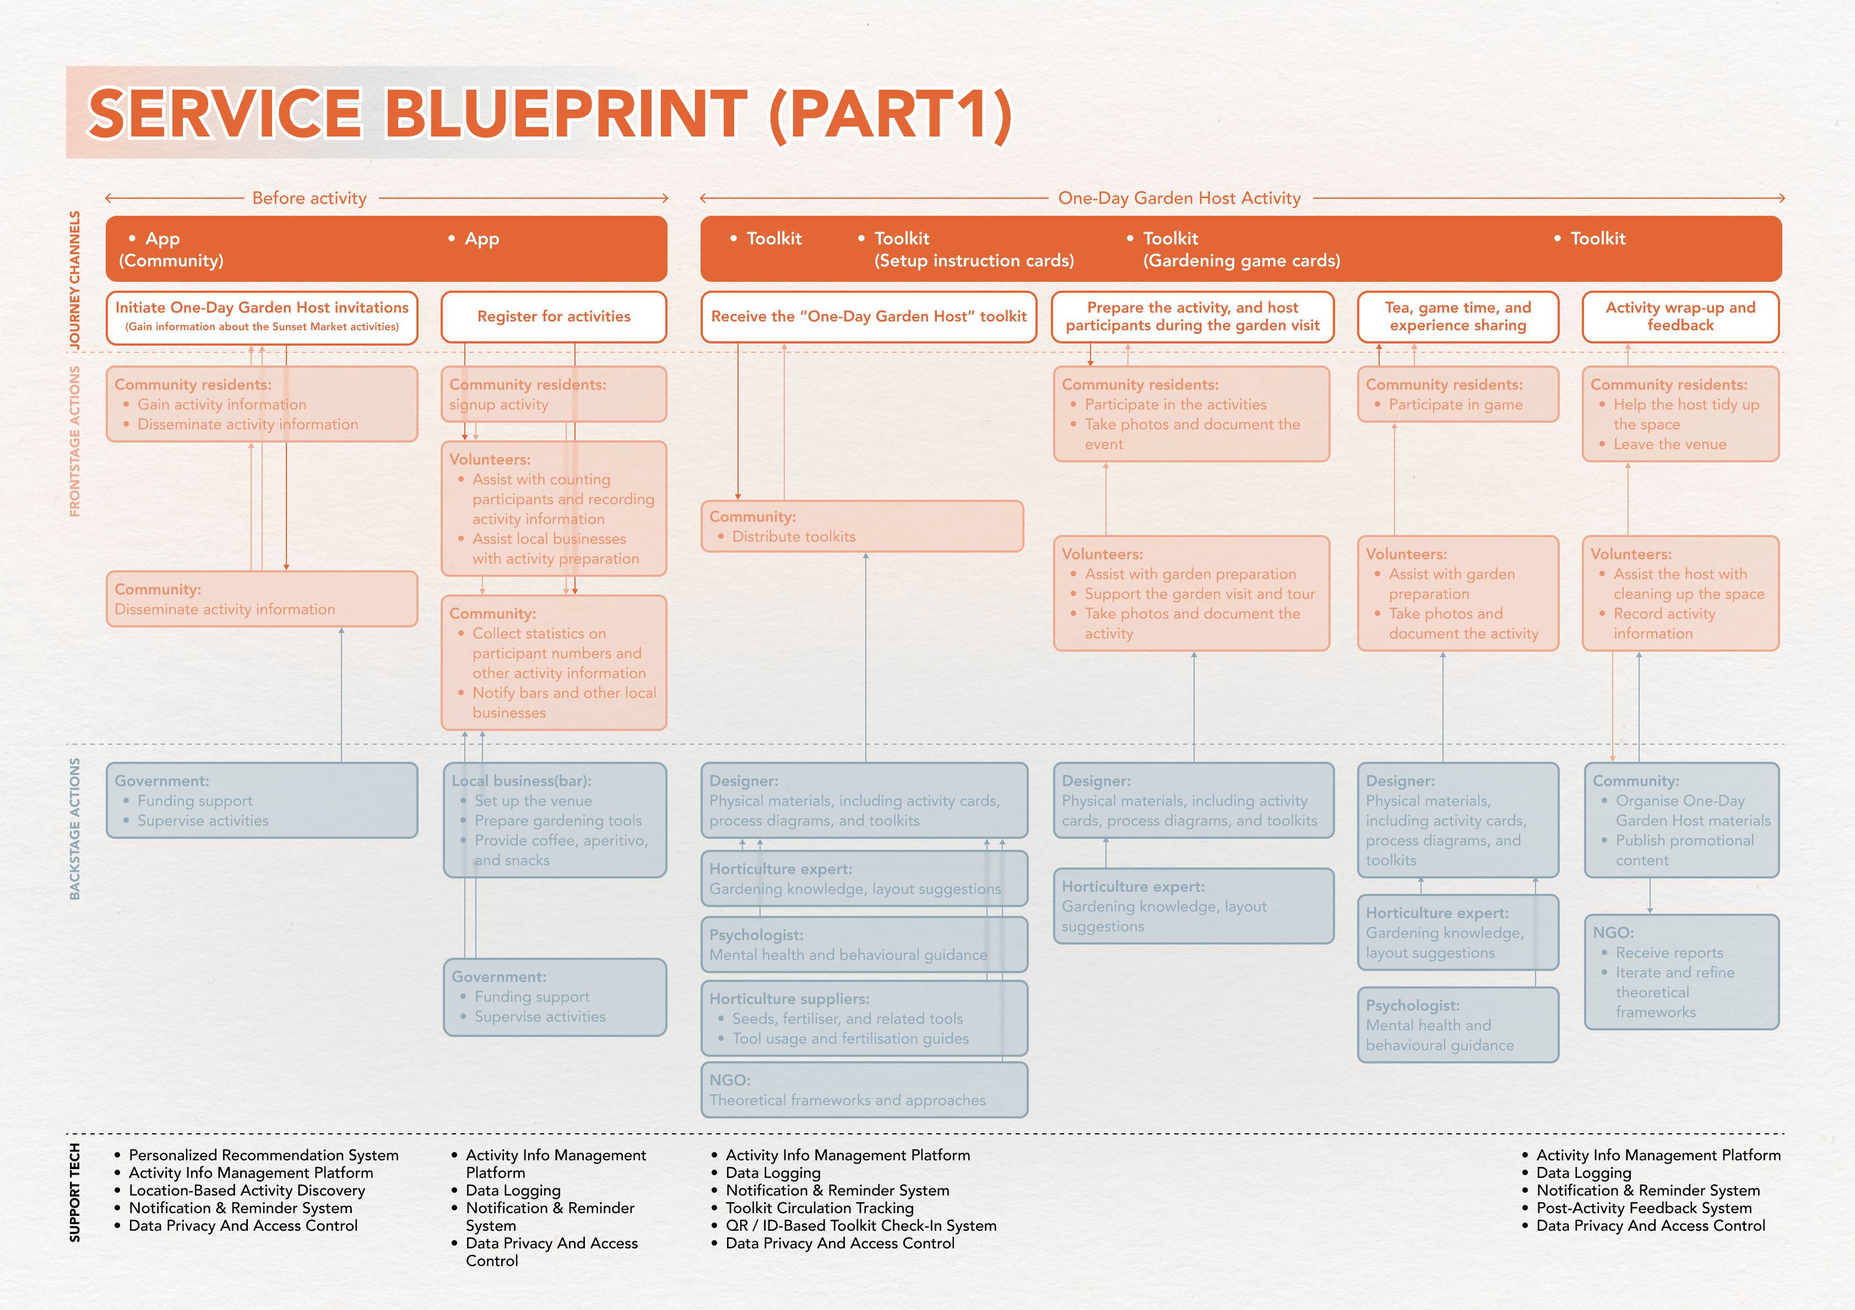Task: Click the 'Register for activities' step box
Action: (554, 316)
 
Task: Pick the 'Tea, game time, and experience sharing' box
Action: (1457, 316)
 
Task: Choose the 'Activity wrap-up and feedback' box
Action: (1680, 316)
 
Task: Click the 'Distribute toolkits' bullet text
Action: (793, 536)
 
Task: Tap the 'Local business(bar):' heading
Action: (521, 781)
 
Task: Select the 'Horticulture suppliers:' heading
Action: (789, 999)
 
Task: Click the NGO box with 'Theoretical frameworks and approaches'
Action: (864, 1090)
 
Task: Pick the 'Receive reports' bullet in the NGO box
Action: (1669, 953)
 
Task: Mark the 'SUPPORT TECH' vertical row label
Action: (74, 1192)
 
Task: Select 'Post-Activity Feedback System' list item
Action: (1644, 1208)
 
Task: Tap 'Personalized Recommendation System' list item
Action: (263, 1156)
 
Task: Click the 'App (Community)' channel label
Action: (171, 249)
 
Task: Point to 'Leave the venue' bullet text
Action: (1669, 444)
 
